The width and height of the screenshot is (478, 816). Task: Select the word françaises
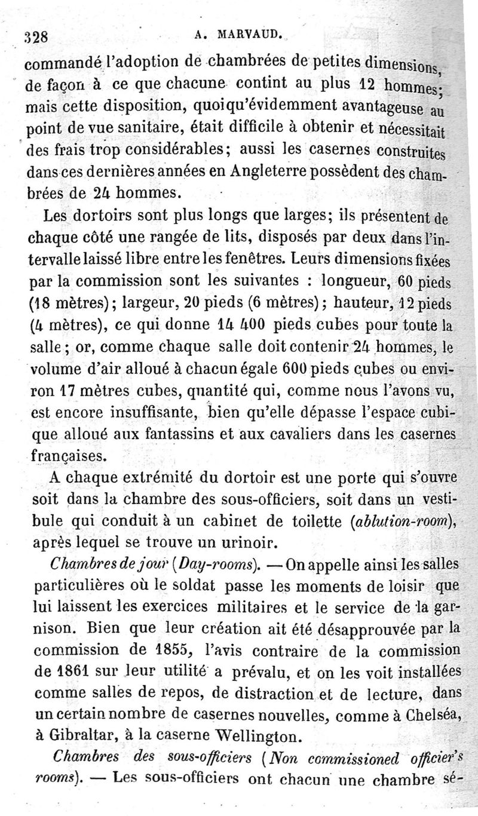[68, 456]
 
